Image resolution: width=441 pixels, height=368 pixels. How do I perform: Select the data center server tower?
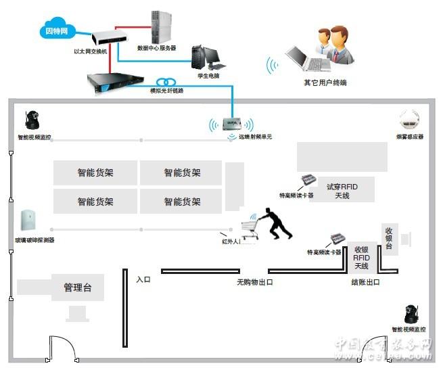pos(160,27)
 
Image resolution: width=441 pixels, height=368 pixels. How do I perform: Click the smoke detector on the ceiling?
pos(410,121)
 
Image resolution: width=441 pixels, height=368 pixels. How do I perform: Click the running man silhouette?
pos(276,224)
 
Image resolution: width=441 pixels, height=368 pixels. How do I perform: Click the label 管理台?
pos(78,287)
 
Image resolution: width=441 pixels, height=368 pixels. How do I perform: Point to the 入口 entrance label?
pos(143,279)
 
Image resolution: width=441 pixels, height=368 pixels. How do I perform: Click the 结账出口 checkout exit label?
pos(365,282)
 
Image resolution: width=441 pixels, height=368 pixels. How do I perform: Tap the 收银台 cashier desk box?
pos(389,238)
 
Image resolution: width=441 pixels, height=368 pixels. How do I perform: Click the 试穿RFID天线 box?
pos(342,191)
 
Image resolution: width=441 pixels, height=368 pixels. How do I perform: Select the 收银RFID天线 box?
pos(361,258)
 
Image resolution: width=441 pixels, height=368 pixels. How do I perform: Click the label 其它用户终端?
pos(325,83)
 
